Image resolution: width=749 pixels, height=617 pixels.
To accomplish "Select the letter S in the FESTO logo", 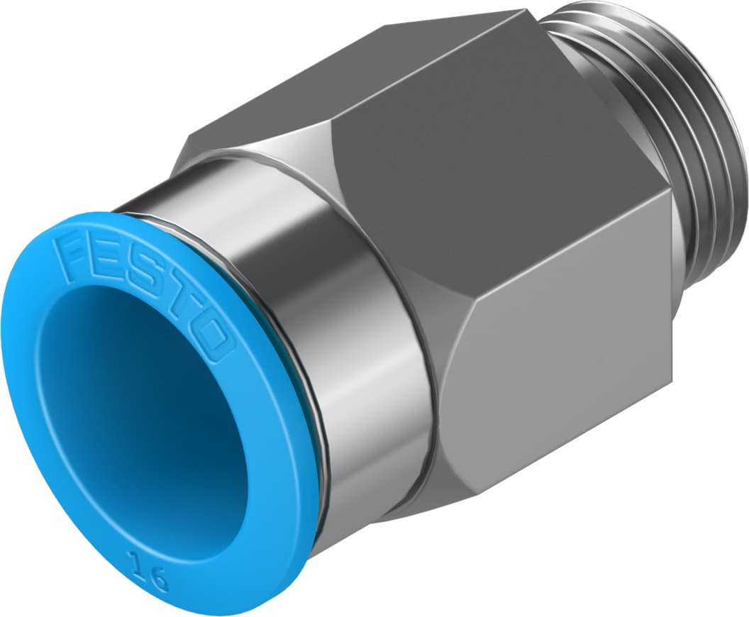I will (x=145, y=277).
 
